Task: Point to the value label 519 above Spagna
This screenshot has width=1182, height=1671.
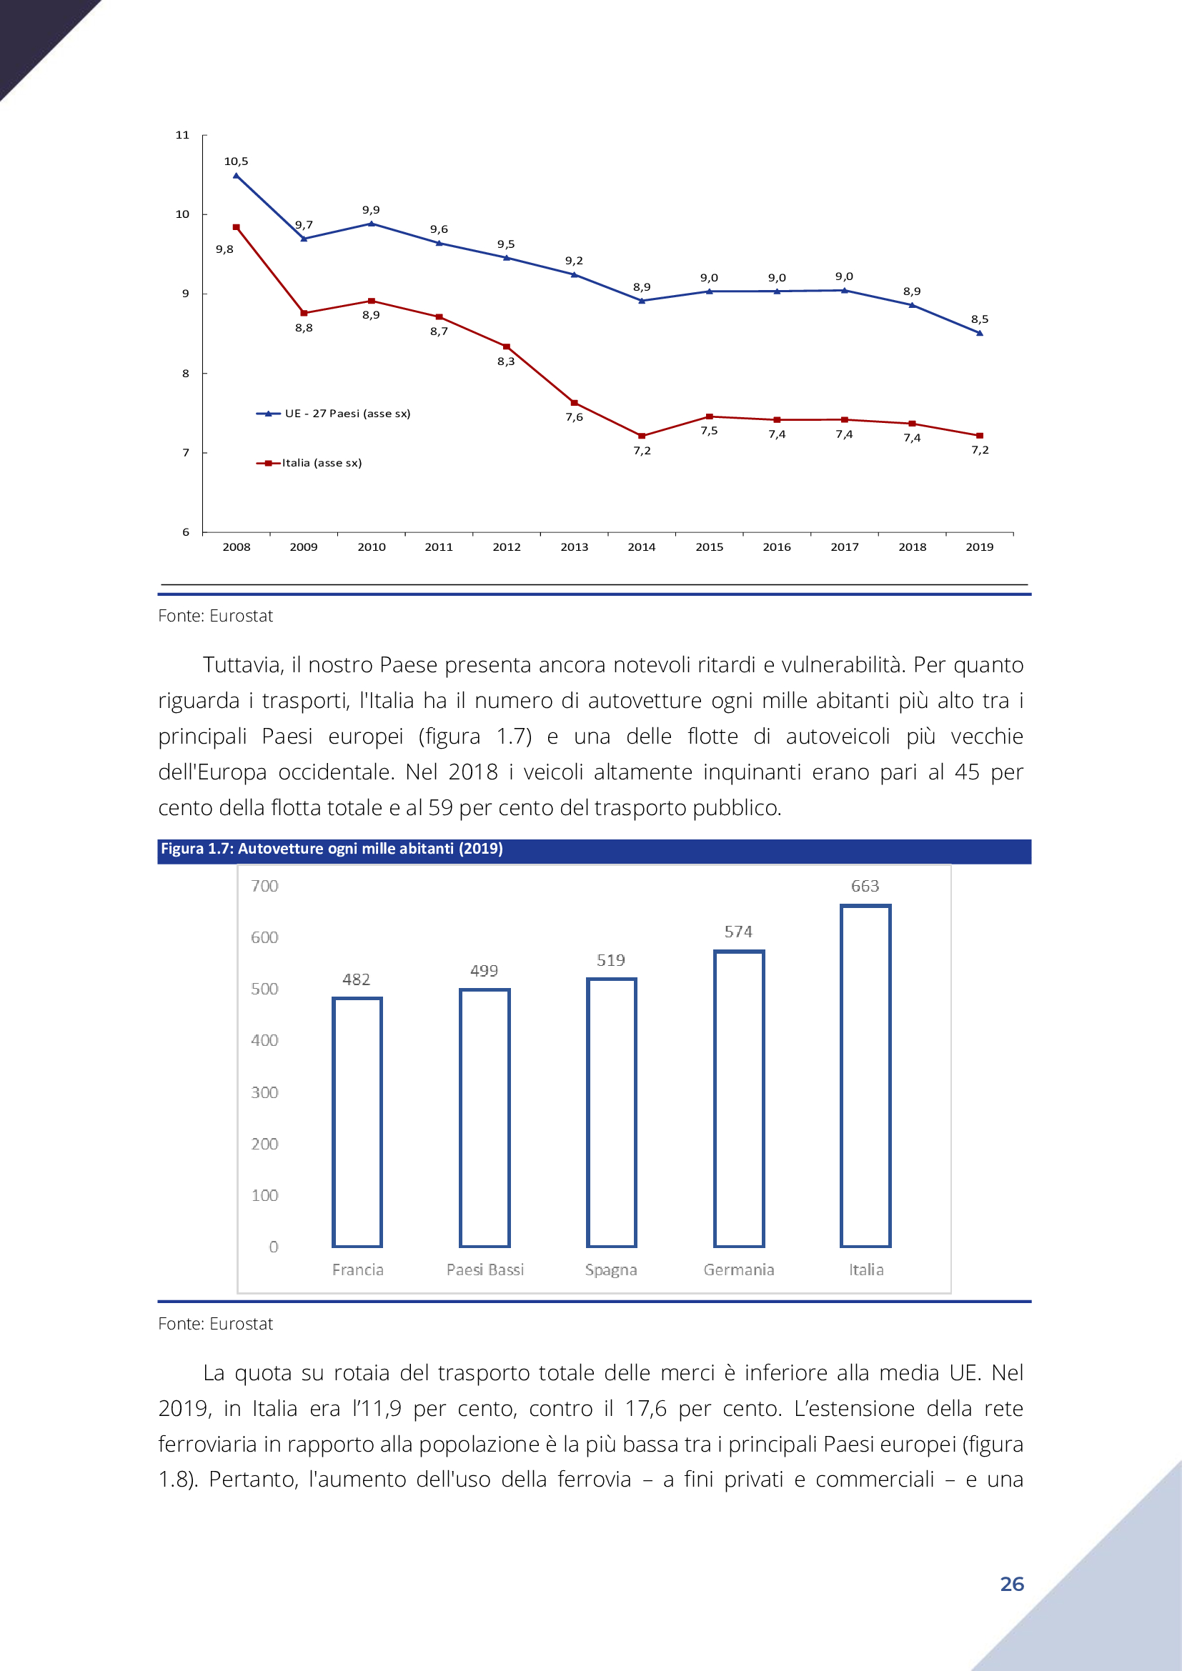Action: point(610,960)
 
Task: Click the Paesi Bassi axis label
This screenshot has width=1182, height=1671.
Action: point(485,1270)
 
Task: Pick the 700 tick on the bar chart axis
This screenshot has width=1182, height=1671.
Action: point(264,886)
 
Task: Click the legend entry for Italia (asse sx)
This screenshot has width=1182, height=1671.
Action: point(309,463)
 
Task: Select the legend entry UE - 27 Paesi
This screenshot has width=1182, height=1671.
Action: point(333,414)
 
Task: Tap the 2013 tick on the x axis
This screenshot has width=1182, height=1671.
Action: point(575,547)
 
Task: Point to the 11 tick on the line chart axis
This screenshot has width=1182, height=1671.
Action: point(182,134)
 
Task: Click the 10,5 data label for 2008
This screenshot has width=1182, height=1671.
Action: point(236,161)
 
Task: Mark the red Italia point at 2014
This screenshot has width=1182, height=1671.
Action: point(641,436)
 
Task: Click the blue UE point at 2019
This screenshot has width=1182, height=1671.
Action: point(980,333)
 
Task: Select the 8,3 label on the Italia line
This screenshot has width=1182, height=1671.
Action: point(506,361)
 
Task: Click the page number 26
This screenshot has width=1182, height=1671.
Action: point(1012,1584)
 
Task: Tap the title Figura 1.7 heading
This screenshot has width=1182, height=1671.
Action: point(332,849)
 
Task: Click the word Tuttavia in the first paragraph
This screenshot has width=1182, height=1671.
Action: point(243,665)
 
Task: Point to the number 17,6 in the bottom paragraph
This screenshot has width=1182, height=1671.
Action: point(645,1409)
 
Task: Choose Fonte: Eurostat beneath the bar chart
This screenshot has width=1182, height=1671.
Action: point(215,1324)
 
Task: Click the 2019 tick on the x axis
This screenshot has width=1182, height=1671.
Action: point(980,547)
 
